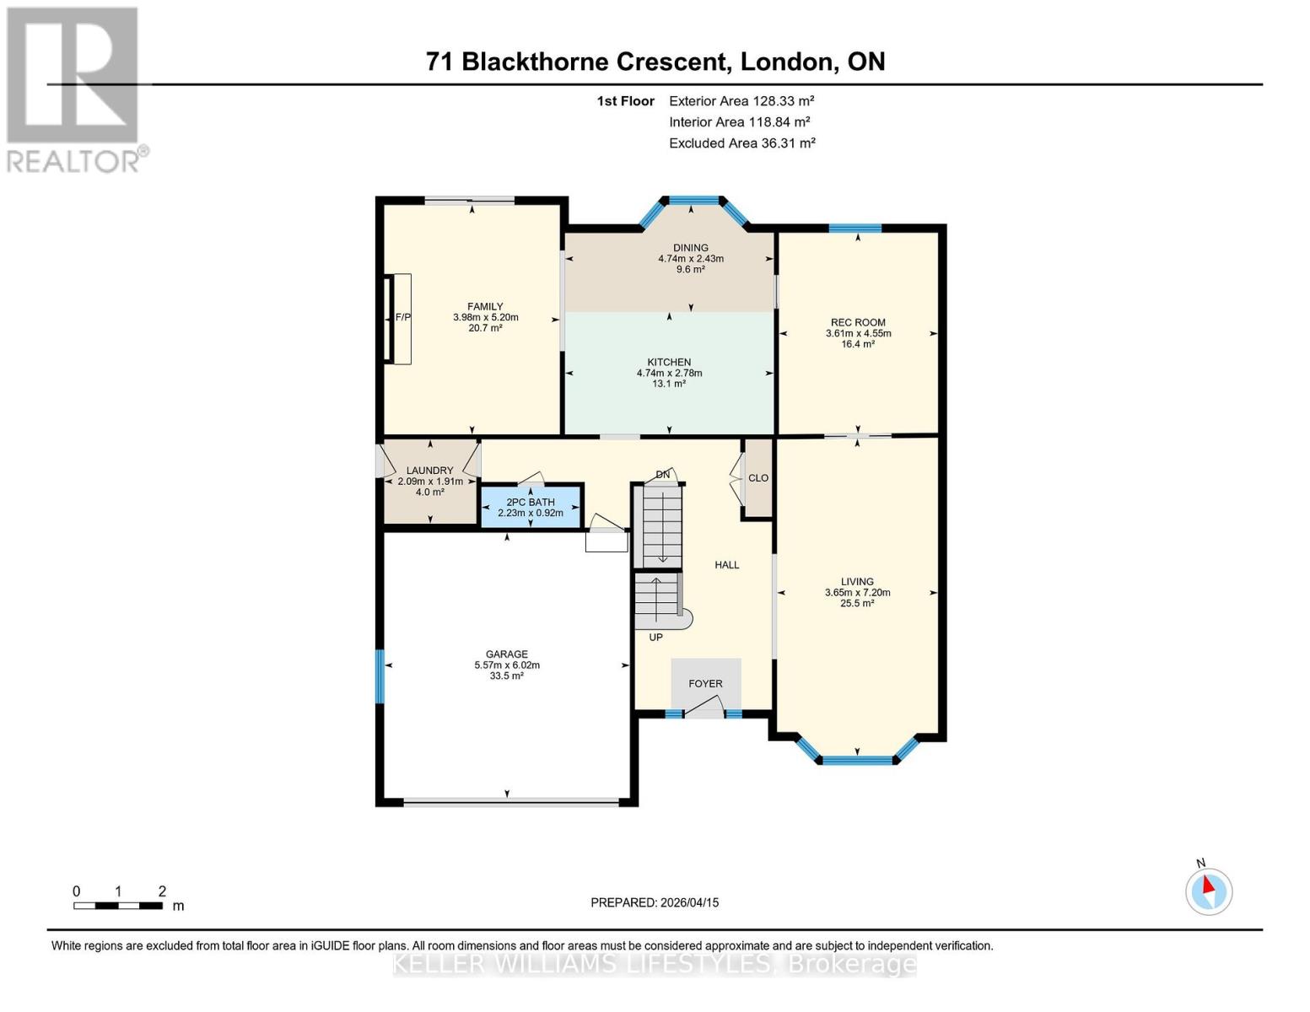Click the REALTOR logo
74,89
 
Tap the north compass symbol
1209,891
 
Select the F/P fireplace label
403,318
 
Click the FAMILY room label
485,307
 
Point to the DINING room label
691,248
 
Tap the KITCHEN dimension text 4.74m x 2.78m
669,373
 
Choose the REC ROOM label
858,322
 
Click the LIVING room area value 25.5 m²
857,604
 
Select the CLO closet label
758,478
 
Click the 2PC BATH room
531,507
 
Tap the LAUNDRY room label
430,471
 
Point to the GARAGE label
506,654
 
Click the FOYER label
705,684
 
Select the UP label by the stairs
655,638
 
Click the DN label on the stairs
663,475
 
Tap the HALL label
726,565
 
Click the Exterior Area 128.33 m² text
741,100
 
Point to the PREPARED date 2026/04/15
655,902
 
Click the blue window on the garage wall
380,676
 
